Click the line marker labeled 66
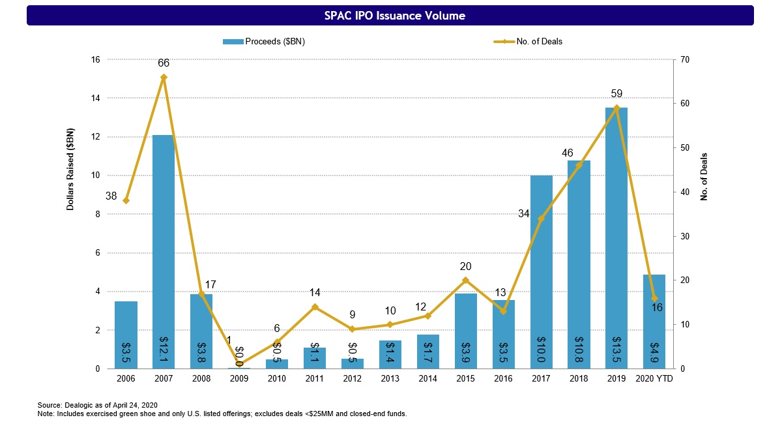pos(164,78)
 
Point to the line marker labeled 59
pos(617,108)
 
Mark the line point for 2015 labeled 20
pos(466,280)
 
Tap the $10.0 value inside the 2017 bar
pos(542,348)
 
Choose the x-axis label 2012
pos(353,379)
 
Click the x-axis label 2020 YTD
pos(655,379)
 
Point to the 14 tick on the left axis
pos(95,98)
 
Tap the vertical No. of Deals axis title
pos(704,177)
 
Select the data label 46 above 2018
pos(568,153)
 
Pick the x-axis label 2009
pos(239,379)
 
